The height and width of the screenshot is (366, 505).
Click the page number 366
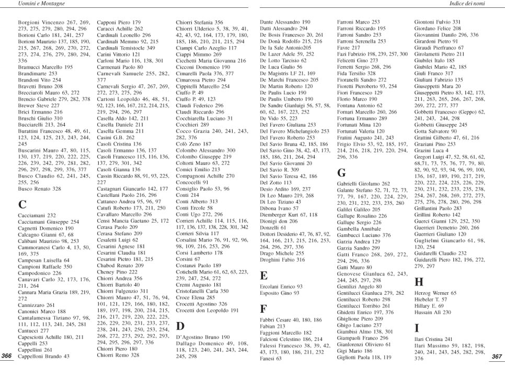click(7, 356)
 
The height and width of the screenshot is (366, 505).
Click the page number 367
click(497, 356)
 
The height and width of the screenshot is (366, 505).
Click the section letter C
click(22, 205)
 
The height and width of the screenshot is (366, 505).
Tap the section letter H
click(418, 282)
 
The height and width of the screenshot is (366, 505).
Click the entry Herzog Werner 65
click(435, 293)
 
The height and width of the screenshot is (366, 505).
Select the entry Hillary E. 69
click(429, 306)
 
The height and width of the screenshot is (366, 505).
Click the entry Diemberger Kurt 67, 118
click(288, 215)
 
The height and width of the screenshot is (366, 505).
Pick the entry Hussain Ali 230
click(432, 312)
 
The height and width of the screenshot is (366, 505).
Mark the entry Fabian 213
click(272, 326)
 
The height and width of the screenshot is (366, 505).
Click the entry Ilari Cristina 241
click(433, 339)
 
